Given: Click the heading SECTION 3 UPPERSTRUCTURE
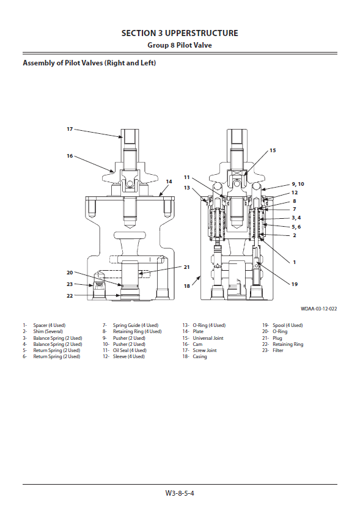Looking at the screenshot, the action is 180,33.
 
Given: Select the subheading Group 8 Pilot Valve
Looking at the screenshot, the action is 180,45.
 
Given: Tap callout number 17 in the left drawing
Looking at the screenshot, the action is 70,129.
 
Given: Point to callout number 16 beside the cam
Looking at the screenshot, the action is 70,156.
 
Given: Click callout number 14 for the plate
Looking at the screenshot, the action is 169,182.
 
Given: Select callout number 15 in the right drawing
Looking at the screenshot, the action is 273,150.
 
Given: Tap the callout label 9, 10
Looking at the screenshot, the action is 298,184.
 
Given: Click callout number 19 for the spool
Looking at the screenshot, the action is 295,284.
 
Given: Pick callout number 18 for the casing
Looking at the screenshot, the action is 187,286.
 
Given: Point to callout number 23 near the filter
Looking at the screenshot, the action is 70,284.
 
